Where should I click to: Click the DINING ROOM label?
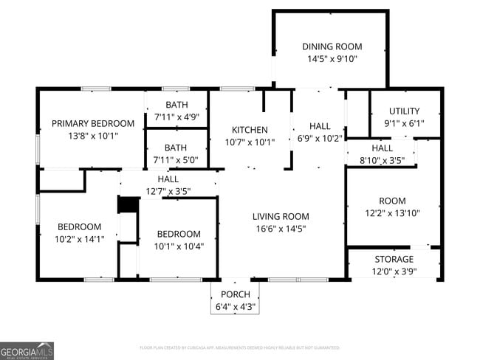click(x=332, y=46)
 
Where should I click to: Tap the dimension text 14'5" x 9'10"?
click(x=332, y=59)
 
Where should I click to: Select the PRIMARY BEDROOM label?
click(x=92, y=123)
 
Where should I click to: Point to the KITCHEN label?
click(x=250, y=130)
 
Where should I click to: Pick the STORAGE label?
click(x=394, y=259)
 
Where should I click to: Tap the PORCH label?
click(x=235, y=294)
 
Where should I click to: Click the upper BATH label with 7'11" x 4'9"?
click(x=176, y=105)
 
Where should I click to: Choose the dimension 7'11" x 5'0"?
click(x=176, y=160)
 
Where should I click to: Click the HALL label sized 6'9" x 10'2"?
click(x=320, y=125)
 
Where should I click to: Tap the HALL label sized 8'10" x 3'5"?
click(x=382, y=148)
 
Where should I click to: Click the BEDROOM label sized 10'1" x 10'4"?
click(x=178, y=233)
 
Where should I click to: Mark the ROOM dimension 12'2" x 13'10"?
click(x=392, y=213)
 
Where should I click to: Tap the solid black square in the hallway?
click(x=128, y=204)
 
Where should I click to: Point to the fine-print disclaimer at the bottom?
click(x=239, y=347)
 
